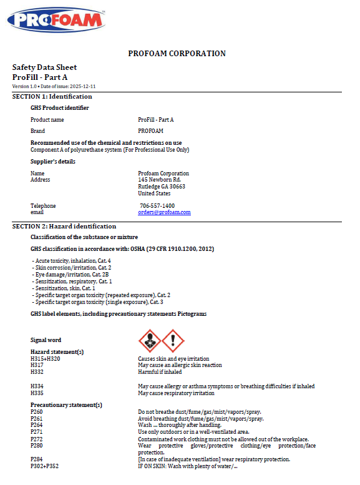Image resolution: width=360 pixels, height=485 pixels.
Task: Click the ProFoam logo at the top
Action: point(56,20)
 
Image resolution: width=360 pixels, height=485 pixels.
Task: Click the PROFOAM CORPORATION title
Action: point(177,54)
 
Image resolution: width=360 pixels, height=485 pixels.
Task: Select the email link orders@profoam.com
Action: point(164,212)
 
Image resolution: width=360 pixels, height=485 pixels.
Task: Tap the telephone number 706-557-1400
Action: point(157,206)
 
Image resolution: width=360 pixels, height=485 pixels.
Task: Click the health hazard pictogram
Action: point(149,340)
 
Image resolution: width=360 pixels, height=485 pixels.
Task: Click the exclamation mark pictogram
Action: point(173,340)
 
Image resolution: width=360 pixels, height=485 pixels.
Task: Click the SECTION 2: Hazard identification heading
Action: point(64,227)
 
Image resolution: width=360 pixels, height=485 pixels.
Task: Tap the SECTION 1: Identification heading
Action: point(52,97)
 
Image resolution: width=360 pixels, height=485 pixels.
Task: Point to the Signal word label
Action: point(46,340)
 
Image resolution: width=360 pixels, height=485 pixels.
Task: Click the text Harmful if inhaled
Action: point(160,372)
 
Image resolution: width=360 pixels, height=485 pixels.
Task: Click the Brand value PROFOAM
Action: point(150,131)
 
